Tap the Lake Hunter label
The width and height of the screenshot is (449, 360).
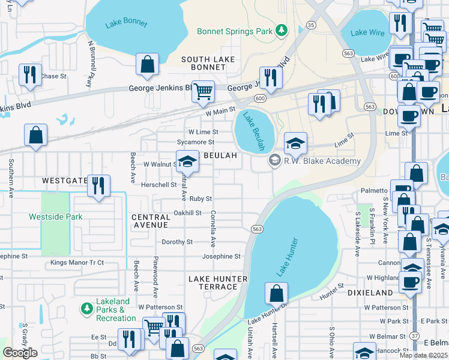[x=287, y=257]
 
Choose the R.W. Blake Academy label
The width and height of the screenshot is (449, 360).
[x=323, y=161]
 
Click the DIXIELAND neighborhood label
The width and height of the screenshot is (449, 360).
[x=370, y=292]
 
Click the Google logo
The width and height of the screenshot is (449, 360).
[x=20, y=353]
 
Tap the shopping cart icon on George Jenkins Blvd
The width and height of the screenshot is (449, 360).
[x=203, y=92]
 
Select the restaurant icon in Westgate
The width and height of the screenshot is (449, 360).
[x=98, y=185]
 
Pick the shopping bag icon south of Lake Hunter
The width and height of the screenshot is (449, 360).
[x=276, y=293]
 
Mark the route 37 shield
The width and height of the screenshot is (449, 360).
[x=415, y=337]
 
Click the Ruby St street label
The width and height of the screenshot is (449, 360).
[x=200, y=199]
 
